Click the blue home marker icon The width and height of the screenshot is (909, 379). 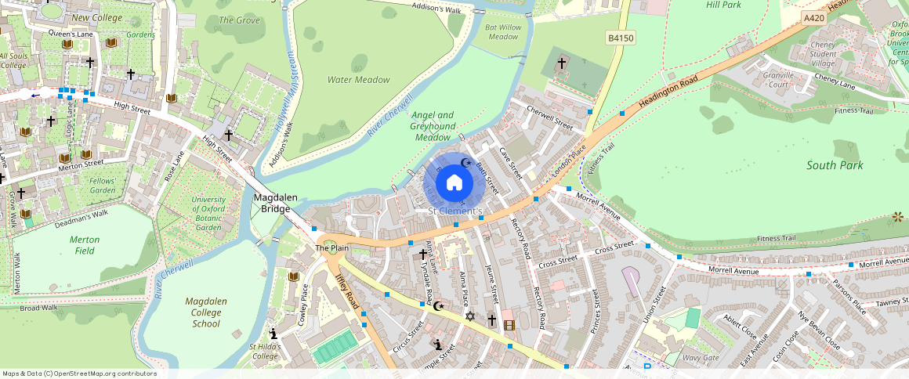[x=454, y=183]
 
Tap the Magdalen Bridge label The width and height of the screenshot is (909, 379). [x=275, y=204]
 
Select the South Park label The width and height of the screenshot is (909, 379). [x=835, y=165]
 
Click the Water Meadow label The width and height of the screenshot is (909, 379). [x=358, y=80]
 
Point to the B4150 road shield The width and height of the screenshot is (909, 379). [x=621, y=38]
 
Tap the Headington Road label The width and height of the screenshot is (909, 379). [x=668, y=93]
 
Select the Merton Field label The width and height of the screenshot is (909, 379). [x=85, y=245]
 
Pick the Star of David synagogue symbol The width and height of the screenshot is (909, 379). [x=470, y=316]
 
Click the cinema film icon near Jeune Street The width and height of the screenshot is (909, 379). [x=509, y=324]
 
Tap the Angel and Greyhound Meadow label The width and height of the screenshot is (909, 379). [x=433, y=126]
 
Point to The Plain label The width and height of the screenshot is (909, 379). [x=331, y=248]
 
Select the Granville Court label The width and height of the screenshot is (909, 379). [x=777, y=80]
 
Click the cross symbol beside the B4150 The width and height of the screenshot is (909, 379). [x=561, y=63]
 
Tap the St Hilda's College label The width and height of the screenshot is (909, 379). [x=264, y=352]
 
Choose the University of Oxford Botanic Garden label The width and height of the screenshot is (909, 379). [x=208, y=213]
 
